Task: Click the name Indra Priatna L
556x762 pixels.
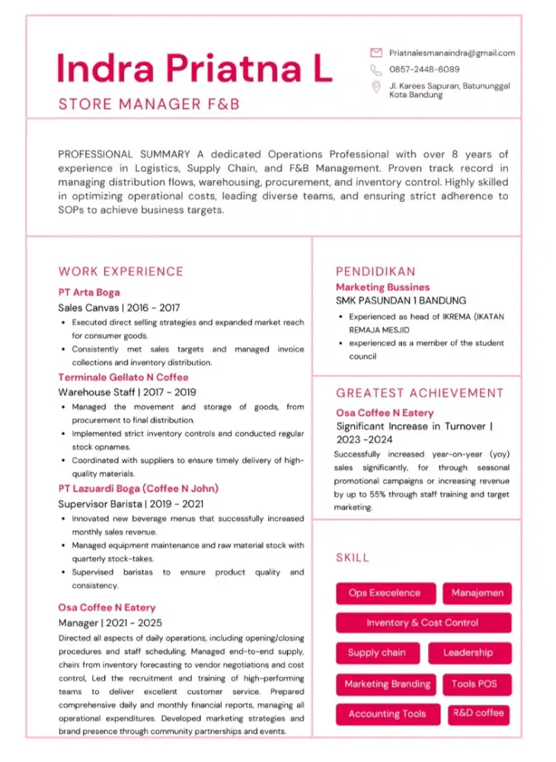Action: click(x=194, y=69)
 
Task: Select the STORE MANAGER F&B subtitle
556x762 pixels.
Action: click(x=149, y=104)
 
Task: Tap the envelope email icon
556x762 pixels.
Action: click(x=375, y=53)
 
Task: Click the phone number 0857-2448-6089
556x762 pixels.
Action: click(x=424, y=69)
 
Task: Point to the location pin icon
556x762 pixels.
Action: click(x=375, y=88)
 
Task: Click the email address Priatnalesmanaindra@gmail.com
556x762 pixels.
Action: click(x=452, y=53)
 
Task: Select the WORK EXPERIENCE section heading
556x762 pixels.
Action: click(x=121, y=271)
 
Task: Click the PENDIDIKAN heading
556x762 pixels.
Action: click(x=375, y=271)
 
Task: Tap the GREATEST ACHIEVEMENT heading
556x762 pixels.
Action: click(x=420, y=393)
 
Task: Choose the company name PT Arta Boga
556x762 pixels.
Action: click(x=89, y=292)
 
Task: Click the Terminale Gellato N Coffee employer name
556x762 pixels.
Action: click(x=123, y=377)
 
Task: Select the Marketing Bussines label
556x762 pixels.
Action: click(x=382, y=287)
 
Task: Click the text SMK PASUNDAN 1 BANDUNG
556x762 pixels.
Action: click(x=401, y=300)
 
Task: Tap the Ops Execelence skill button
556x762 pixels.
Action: click(x=385, y=593)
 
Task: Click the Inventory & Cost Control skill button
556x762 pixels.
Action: click(x=423, y=623)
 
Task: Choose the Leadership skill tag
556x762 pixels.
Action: click(x=468, y=653)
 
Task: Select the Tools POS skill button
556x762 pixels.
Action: click(x=474, y=684)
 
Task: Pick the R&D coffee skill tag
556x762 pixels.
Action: click(x=478, y=713)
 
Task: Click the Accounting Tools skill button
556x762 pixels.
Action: click(x=387, y=714)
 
